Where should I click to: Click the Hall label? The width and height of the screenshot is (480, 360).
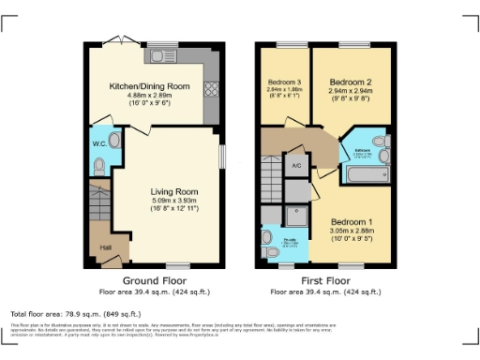point(105,248)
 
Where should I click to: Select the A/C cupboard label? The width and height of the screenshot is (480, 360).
point(296,167)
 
